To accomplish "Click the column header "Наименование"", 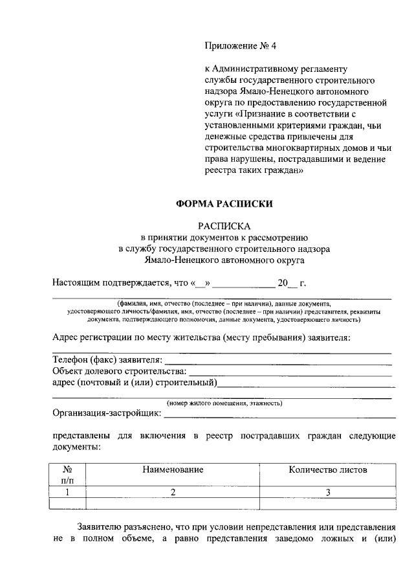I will (173, 469).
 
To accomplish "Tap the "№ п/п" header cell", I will (67, 475).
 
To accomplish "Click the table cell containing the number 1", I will (67, 492).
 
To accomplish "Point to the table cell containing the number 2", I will (173, 492).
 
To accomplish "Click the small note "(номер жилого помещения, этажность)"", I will (224, 403).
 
